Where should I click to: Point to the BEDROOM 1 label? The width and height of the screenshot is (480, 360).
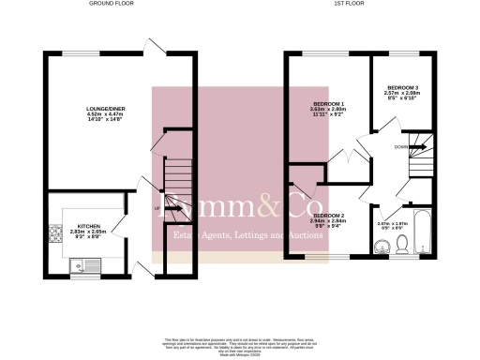(329, 103)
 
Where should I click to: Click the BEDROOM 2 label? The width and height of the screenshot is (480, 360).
(329, 216)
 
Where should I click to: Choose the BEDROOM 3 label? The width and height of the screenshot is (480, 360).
(401, 88)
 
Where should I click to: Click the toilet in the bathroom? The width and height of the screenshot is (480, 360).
(400, 246)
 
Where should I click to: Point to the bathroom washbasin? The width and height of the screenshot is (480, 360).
(380, 247)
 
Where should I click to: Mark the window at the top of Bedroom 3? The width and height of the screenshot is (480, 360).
(401, 55)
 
